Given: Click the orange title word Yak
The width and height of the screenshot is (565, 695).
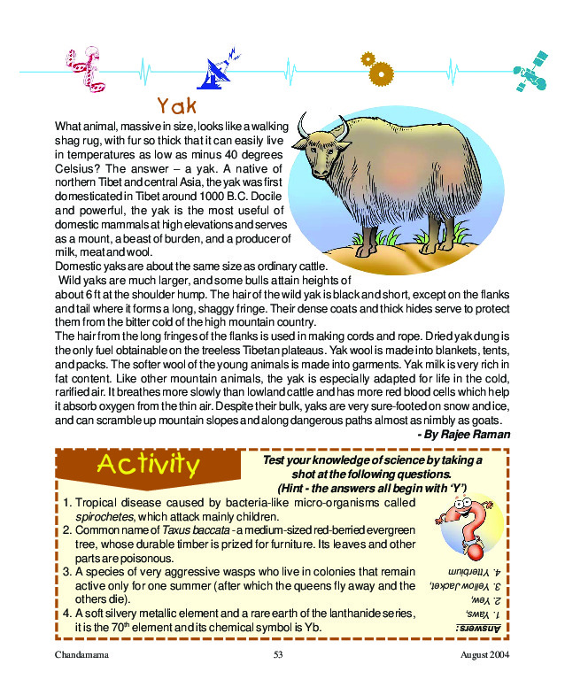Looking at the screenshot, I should click(x=176, y=106).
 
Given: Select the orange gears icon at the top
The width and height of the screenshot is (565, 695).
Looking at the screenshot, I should click(x=376, y=65).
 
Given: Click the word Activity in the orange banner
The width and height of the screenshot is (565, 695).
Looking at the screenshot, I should click(x=148, y=464).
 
